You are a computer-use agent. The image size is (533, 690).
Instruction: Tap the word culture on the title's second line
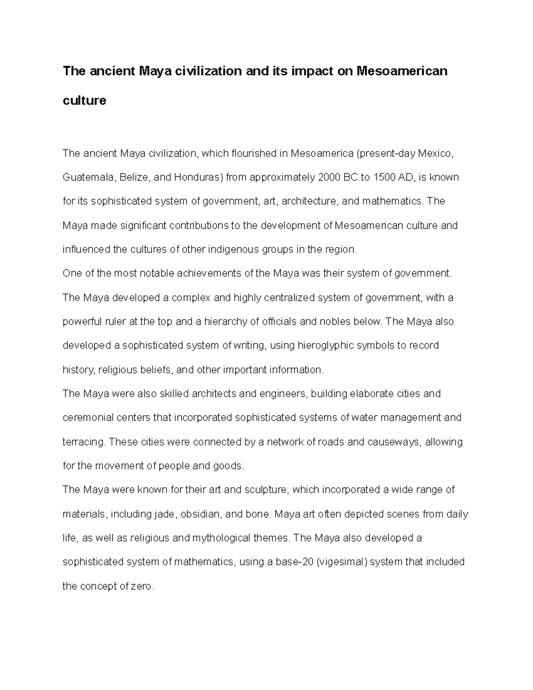84,101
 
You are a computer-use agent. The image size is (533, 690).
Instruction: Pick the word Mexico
438,154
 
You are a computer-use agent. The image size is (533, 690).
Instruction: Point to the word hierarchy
227,322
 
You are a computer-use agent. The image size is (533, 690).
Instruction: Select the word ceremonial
88,418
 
